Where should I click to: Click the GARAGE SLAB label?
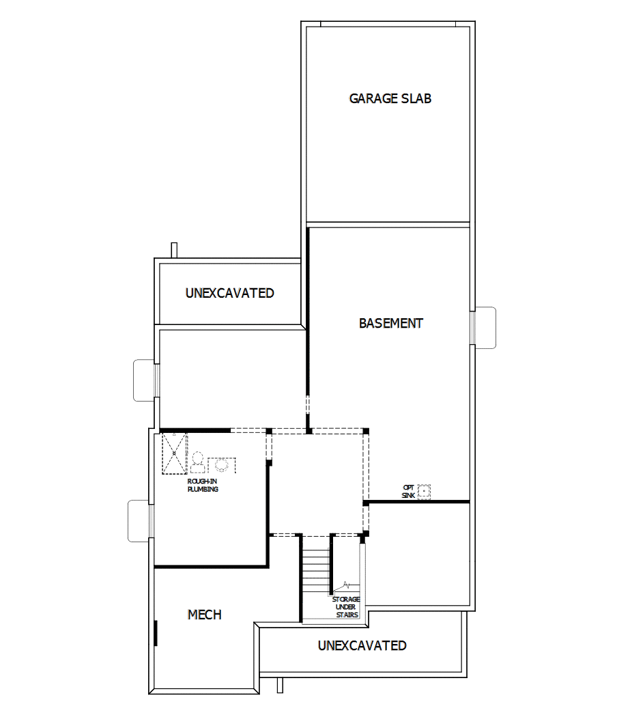point(390,98)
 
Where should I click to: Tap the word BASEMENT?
point(390,324)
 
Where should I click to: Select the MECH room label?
point(204,615)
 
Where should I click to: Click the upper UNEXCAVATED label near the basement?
point(229,293)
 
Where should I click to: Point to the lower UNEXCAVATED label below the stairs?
point(362,645)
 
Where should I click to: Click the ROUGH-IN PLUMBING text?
point(203,485)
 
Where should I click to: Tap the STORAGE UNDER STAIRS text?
point(346,607)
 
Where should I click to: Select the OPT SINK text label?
point(408,491)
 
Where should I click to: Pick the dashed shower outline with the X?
point(174,452)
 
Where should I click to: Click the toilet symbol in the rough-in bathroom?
point(198,462)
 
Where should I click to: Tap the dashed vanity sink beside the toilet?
point(221,464)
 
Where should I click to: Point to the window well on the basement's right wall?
point(484,328)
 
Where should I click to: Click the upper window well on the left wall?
point(145,380)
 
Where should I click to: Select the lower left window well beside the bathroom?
point(139,520)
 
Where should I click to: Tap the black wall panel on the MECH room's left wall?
point(156,632)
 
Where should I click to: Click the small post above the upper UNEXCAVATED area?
point(174,250)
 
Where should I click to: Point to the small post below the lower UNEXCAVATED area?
point(279,686)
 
